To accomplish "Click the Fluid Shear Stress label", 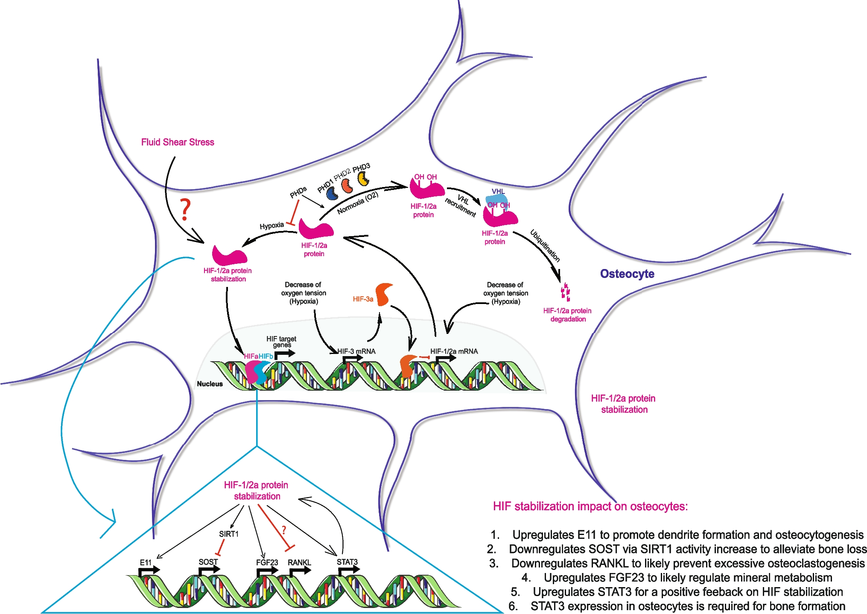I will click(x=178, y=142).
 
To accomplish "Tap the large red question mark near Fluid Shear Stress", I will click(x=185, y=210).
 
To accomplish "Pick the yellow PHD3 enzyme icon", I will click(x=363, y=178).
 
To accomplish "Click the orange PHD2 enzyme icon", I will click(x=347, y=186).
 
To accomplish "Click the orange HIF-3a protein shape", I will click(x=384, y=294).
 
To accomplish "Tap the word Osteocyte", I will click(x=627, y=274).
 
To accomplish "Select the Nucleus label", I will click(x=210, y=384).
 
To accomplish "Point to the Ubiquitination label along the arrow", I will click(x=545, y=246).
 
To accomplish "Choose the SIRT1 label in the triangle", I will click(x=229, y=534).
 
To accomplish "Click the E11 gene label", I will click(x=146, y=562).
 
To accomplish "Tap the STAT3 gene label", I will click(x=347, y=562).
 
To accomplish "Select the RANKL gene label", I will click(x=299, y=562).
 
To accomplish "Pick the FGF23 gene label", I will click(x=267, y=562).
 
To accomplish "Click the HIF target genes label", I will click(x=281, y=342).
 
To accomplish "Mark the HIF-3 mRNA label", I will click(x=356, y=351).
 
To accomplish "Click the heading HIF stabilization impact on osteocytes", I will click(x=590, y=506).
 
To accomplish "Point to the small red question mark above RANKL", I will click(x=284, y=531).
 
